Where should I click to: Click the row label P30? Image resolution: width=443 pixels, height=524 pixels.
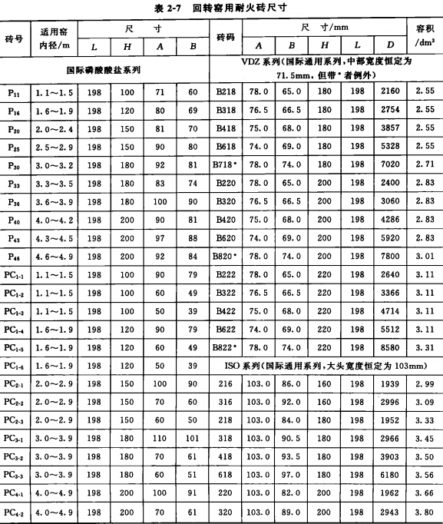coord(15,164)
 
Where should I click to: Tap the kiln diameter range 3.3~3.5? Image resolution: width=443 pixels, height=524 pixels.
coord(51,183)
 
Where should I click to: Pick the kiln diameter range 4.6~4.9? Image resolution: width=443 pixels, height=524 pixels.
coord(51,257)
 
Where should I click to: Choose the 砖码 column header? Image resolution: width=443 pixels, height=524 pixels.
coord(226,38)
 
